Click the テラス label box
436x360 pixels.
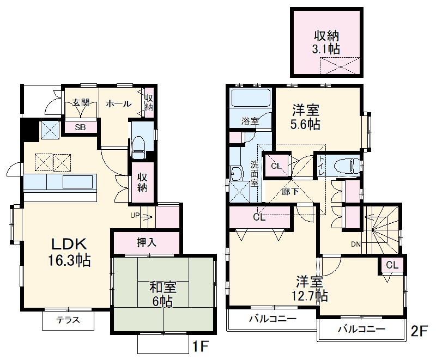click(x=68, y=320)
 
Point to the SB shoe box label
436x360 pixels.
click(x=79, y=127)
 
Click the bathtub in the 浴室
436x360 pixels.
click(x=250, y=100)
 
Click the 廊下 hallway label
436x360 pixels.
click(x=290, y=191)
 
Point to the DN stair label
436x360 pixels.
click(x=355, y=244)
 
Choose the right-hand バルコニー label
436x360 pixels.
click(x=361, y=329)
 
